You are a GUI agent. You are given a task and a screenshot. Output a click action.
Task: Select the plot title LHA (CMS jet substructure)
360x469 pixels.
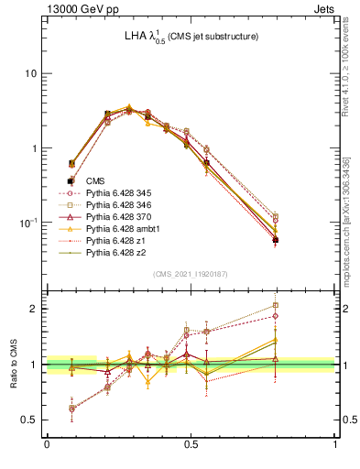(191, 37)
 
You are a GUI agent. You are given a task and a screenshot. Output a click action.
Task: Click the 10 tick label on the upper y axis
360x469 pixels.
(30, 73)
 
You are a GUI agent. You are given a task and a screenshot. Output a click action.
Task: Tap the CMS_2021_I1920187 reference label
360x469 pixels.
(191, 275)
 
